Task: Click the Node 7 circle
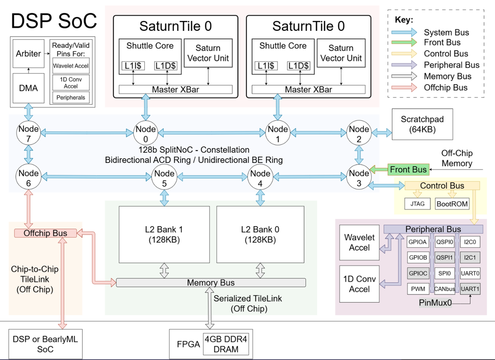coord(29,133)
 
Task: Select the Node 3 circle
coord(359,178)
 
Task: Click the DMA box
coord(28,88)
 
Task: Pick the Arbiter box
coord(28,54)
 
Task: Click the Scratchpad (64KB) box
coord(422,124)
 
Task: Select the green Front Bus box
coord(408,170)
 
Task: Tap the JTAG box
coord(417,204)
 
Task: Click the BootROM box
coord(452,204)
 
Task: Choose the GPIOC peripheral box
coord(418,273)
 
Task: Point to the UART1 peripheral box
coord(470,288)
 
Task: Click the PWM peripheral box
coord(418,288)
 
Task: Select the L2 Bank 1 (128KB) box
coord(164,235)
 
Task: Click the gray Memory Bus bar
coord(210,283)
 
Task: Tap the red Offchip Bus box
coord(45,233)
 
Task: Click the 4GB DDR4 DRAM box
coord(226,344)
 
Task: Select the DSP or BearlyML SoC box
coord(45,344)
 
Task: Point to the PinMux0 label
coord(435,302)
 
